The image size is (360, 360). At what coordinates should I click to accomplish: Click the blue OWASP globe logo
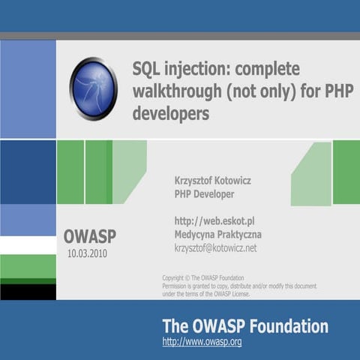[93, 88]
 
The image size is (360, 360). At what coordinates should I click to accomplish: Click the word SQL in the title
[147, 70]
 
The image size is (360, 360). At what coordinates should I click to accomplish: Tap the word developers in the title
[170, 115]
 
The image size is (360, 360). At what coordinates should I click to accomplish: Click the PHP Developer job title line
[204, 194]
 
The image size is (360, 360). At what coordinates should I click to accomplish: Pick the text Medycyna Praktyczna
[217, 235]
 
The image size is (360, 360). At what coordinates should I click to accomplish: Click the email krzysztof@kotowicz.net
[215, 247]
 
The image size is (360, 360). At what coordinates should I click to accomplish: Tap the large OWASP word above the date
[90, 236]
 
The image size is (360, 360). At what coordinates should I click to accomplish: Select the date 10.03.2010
[91, 253]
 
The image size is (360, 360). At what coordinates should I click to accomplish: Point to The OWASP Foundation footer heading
[245, 326]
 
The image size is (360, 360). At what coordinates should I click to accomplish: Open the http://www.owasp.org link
[202, 342]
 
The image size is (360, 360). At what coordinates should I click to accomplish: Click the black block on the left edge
[28, 292]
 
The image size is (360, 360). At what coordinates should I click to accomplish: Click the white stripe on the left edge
[28, 245]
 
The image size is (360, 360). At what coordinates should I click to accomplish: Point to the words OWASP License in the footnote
[230, 294]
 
